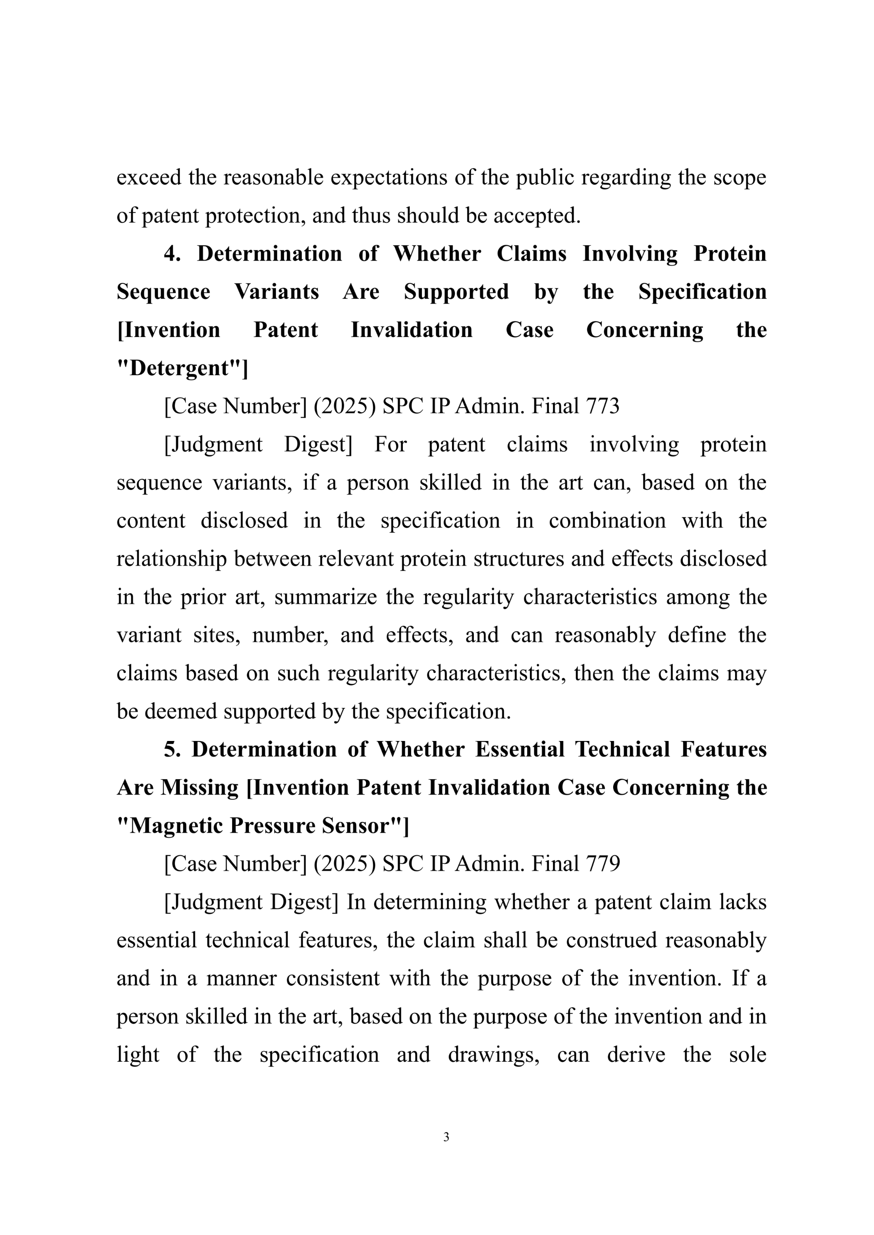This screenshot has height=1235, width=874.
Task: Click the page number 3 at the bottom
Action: tap(446, 1137)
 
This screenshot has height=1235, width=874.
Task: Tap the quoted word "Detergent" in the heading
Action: tap(182, 368)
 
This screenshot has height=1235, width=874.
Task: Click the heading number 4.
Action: tap(172, 253)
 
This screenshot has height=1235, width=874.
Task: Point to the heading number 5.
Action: tap(172, 749)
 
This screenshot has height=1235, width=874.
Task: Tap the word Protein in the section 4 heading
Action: tap(729, 253)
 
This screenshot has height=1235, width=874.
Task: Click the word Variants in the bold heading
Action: tap(277, 292)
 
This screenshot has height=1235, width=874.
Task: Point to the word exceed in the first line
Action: tap(148, 177)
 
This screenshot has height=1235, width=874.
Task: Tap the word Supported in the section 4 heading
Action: tap(457, 292)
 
